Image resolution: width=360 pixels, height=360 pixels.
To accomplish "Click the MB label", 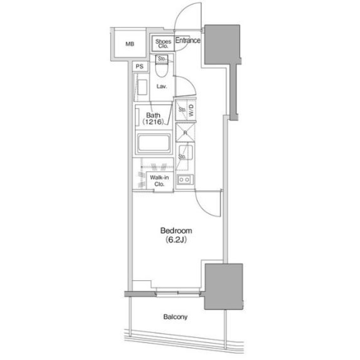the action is (130, 44).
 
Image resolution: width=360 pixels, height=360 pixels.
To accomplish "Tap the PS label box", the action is (140, 66).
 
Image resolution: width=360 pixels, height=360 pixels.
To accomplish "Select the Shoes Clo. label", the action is (163, 44).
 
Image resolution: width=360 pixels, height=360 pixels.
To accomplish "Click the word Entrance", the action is (188, 40).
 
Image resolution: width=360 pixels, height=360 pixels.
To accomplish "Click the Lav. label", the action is (161, 87).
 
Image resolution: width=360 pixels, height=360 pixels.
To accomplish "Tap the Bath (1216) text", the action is (154, 119).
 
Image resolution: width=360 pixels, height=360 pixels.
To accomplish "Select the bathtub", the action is (154, 143).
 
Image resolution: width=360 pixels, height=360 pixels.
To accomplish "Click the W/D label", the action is (191, 110).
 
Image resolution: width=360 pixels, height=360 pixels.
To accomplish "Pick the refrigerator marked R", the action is (186, 133).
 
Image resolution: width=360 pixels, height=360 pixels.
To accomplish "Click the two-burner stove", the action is (185, 179).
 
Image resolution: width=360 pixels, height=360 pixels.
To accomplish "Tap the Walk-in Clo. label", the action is (159, 181).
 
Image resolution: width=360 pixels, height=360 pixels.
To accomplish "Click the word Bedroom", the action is (176, 231).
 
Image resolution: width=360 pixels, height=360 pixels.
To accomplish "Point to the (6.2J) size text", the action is (175, 240).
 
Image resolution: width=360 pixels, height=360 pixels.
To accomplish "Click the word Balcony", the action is (175, 317).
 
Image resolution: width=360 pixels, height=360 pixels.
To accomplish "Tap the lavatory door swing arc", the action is (189, 83).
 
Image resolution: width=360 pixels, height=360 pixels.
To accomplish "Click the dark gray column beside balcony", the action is (224, 286).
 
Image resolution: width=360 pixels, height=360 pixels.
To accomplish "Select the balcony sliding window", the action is (178, 292).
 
